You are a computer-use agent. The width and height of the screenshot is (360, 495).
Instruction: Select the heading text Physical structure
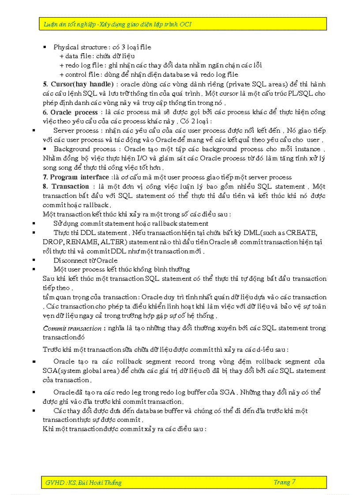[x=79, y=47]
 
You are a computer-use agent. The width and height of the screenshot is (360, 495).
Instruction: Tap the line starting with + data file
[x=97, y=56]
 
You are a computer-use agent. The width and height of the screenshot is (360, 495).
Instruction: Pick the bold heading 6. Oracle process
[x=70, y=112]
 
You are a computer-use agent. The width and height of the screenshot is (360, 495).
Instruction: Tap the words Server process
[x=76, y=130]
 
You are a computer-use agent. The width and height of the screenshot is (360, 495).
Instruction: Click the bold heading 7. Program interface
[x=75, y=177]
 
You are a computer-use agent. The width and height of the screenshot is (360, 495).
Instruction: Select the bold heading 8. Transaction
[x=66, y=186]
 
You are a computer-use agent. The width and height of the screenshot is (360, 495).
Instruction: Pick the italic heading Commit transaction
[x=72, y=328]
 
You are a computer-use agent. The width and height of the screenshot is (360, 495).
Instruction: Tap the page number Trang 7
[x=285, y=482]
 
